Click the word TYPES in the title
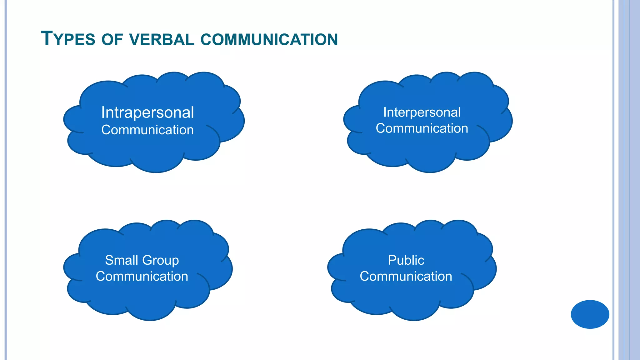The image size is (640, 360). pyautogui.click(x=68, y=39)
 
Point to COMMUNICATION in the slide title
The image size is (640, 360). pyautogui.click(x=269, y=40)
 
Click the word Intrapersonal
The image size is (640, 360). pyautogui.click(x=147, y=112)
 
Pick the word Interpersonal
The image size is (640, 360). pyautogui.click(x=422, y=112)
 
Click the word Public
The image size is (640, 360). pyautogui.click(x=406, y=260)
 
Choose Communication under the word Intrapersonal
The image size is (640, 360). pyautogui.click(x=147, y=130)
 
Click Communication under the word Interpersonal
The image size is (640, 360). pyautogui.click(x=422, y=128)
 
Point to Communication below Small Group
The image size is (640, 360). pyautogui.click(x=142, y=276)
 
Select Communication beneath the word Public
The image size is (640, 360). pyautogui.click(x=406, y=276)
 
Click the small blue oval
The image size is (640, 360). pyautogui.click(x=590, y=314)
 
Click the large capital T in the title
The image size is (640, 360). pyautogui.click(x=47, y=38)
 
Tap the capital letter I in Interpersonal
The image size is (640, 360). pyautogui.click(x=385, y=112)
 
